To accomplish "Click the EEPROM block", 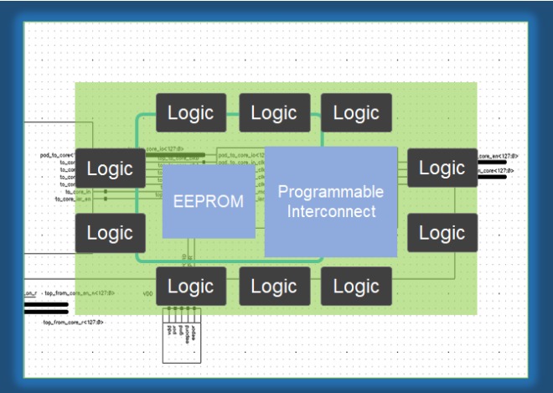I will [209, 201].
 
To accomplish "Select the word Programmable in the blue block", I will [330, 192].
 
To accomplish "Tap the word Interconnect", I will [330, 211].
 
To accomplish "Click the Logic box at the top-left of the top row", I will [191, 113].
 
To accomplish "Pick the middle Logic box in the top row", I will [274, 113].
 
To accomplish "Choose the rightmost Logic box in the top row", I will [356, 113].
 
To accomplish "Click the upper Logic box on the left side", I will [110, 168].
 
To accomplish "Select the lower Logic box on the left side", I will [110, 232].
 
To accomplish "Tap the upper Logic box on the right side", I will [442, 168].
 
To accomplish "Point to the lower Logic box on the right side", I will [442, 232].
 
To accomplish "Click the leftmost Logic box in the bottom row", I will [191, 287].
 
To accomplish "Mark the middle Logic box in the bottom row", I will [274, 287].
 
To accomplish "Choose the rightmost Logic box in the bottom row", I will [356, 287].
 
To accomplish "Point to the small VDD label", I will [147, 294].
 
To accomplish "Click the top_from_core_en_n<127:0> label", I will [80, 293].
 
